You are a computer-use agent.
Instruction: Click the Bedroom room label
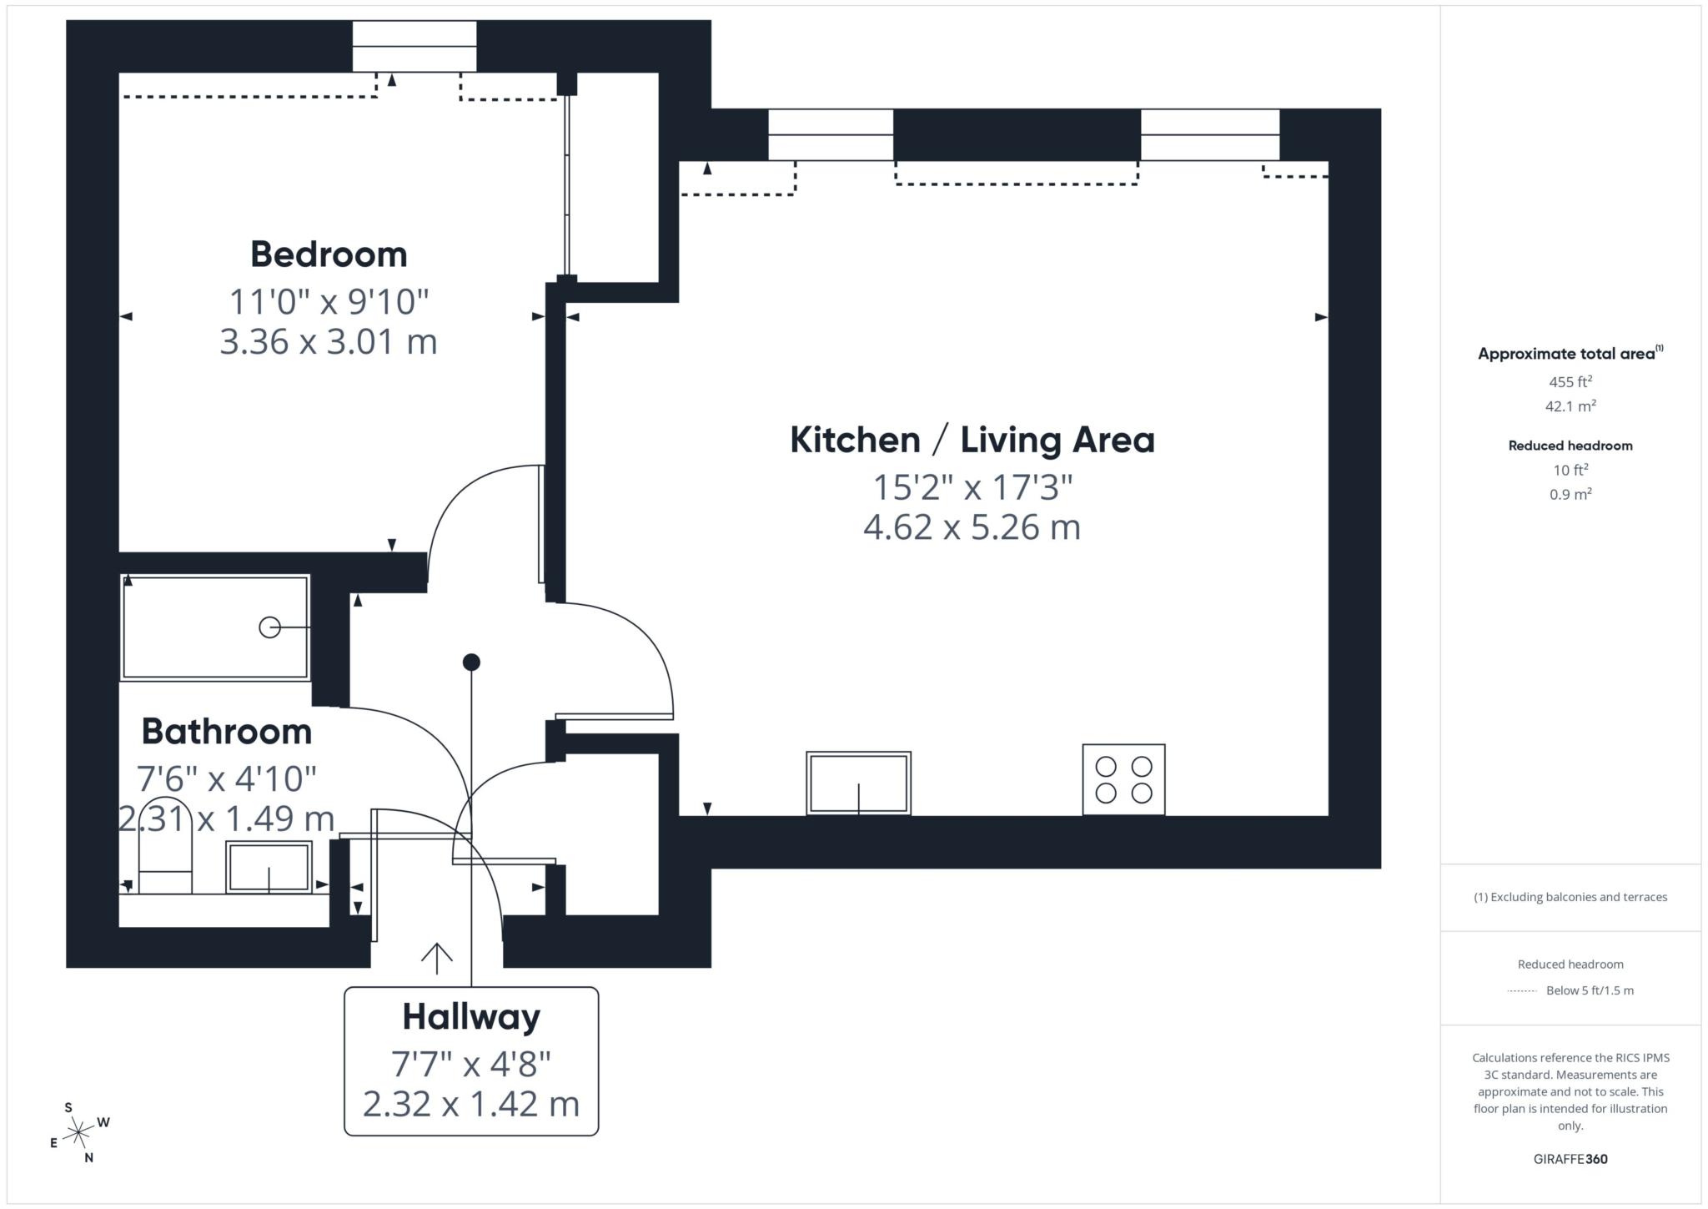[329, 254]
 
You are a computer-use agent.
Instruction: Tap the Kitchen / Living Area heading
[972, 440]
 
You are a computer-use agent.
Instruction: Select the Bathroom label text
[227, 732]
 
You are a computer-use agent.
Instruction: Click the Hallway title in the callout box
[471, 1017]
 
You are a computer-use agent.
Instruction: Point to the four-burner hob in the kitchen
[1123, 779]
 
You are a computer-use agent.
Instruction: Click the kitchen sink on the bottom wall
[858, 783]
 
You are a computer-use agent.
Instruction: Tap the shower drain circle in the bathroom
[269, 627]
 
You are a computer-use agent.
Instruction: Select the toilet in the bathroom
[165, 846]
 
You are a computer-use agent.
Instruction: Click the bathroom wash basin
[269, 867]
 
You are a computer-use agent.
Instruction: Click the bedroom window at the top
[414, 47]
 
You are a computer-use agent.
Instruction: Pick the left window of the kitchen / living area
[831, 134]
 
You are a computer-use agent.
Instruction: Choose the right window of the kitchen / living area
[1210, 134]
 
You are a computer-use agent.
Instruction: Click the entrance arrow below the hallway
[436, 958]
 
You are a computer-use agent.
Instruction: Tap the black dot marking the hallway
[471, 662]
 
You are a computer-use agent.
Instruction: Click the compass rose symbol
[78, 1132]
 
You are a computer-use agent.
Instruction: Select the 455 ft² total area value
[1570, 382]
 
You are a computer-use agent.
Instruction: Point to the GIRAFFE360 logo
[1570, 1159]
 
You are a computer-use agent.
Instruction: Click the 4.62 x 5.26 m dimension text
[972, 527]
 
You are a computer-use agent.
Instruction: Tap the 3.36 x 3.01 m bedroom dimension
[329, 342]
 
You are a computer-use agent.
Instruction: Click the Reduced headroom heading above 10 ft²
[1570, 446]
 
